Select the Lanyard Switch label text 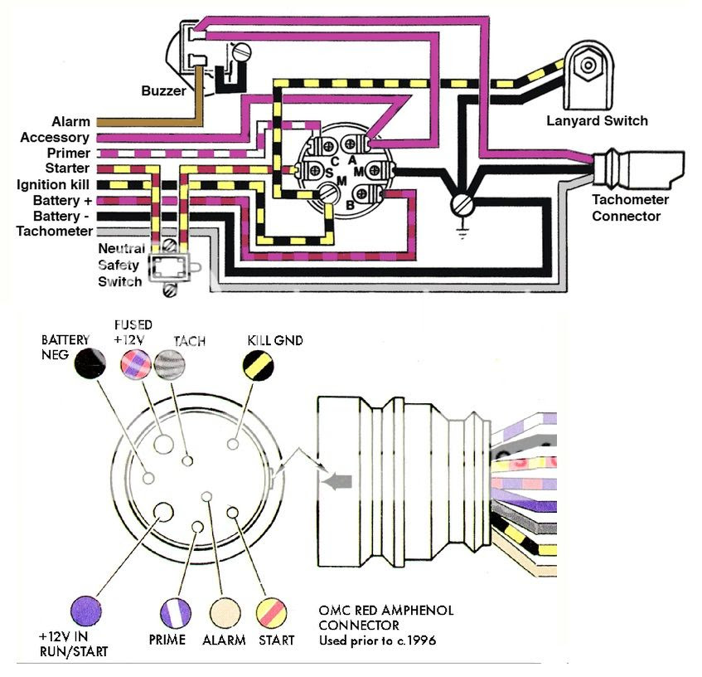(x=597, y=121)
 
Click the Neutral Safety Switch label (x=121, y=265)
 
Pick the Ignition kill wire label (x=51, y=184)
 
